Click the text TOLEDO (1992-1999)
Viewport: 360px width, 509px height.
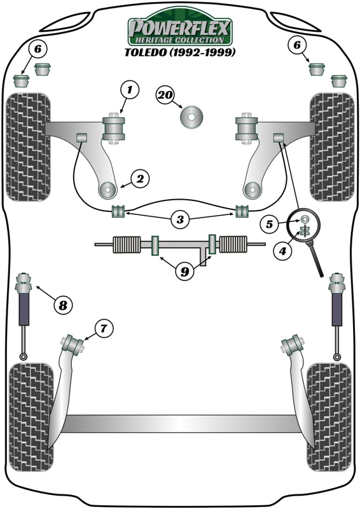[180, 52]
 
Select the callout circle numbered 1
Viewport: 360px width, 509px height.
[129, 91]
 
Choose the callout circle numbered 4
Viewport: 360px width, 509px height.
[284, 251]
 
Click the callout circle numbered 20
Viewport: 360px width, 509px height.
[165, 95]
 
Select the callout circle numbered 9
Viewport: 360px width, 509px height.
[184, 272]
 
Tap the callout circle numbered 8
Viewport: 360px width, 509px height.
[62, 305]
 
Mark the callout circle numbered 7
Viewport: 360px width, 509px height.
[103, 328]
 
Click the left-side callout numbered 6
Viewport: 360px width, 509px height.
[38, 48]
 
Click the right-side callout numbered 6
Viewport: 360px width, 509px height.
[295, 44]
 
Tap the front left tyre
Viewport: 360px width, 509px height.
[27, 146]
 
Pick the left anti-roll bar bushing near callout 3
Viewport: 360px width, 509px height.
[117, 211]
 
